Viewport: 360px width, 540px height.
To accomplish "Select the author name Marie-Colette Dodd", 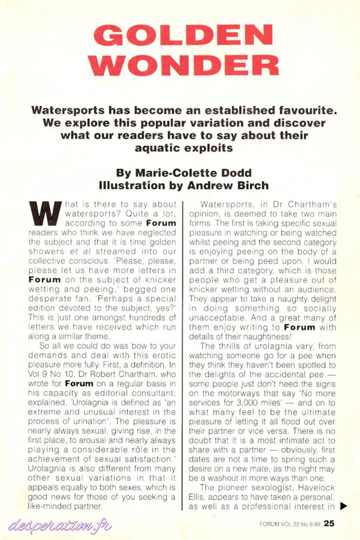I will pyautogui.click(x=193, y=173).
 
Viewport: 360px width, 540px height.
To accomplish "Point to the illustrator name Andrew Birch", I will pyautogui.click(x=228, y=185).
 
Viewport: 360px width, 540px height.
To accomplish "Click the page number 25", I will pyautogui.click(x=329, y=523).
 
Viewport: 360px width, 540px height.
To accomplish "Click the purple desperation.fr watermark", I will pyautogui.click(x=60, y=526).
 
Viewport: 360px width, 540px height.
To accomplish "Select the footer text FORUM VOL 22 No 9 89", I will pyautogui.click(x=290, y=524).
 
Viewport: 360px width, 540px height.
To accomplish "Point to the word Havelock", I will pyautogui.click(x=317, y=488).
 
